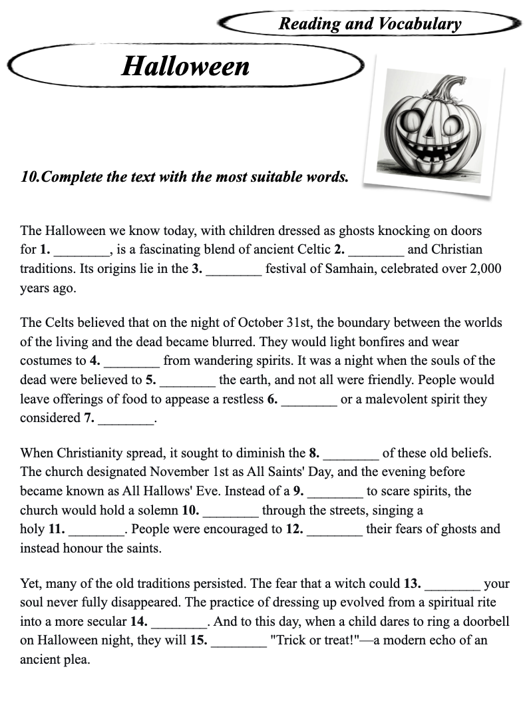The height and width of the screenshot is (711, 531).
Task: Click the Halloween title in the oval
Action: pos(185,66)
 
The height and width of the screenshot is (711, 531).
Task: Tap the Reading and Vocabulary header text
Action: pos(369,24)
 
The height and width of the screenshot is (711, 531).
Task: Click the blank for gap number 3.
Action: pos(234,270)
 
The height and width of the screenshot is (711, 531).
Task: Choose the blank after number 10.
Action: pos(230,511)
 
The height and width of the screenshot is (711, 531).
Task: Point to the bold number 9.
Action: pos(298,491)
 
